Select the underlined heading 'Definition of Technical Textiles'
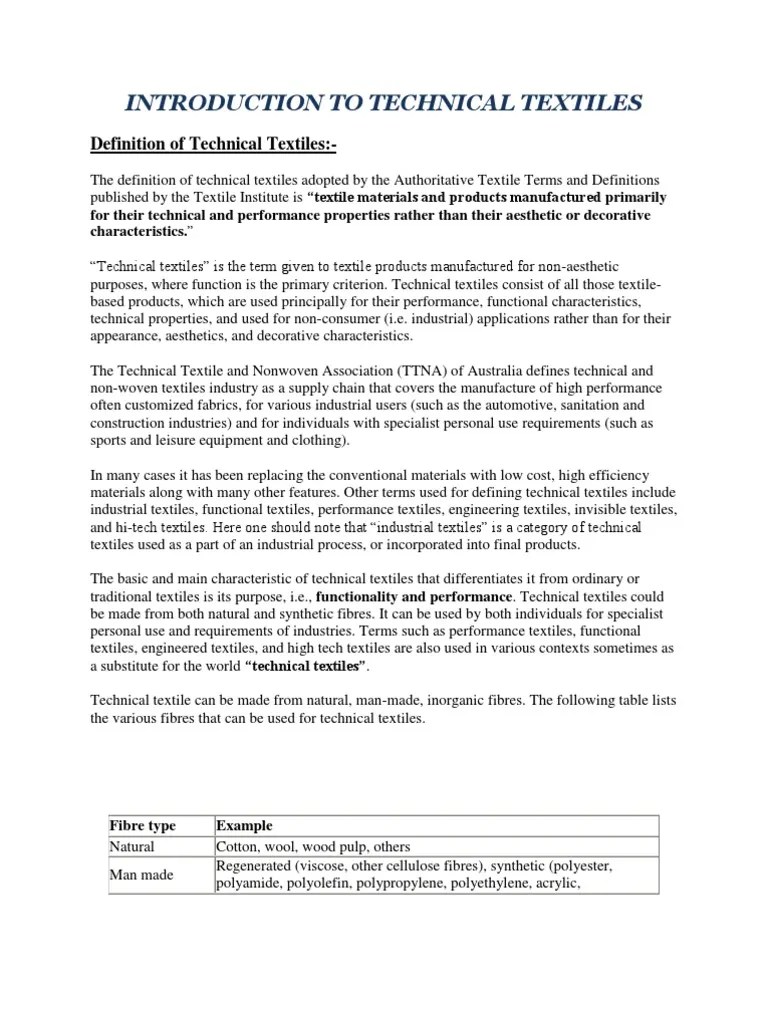[x=213, y=146]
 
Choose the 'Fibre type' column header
[x=142, y=826]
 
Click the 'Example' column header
[x=244, y=826]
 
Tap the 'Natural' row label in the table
[x=132, y=846]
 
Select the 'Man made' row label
[x=141, y=875]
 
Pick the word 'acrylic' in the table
[x=553, y=884]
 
